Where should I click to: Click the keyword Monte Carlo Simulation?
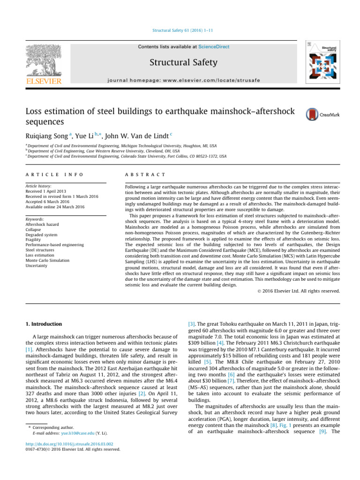[x=49, y=260]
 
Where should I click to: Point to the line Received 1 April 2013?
[x=45, y=191]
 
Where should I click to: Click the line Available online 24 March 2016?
[x=54, y=206]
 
